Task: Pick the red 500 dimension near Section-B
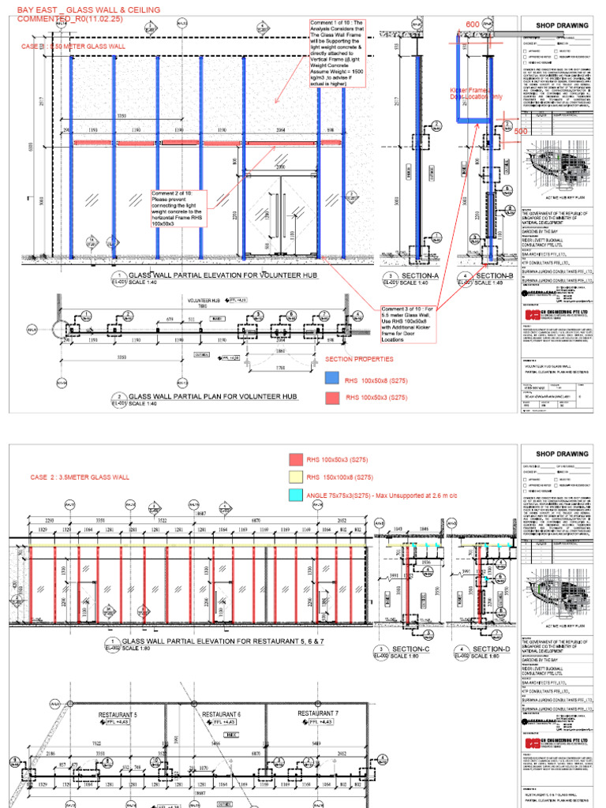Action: tap(520, 131)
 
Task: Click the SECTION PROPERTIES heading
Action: tap(359, 359)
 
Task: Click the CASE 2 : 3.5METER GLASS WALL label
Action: tap(79, 477)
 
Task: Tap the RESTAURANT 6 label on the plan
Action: tap(222, 715)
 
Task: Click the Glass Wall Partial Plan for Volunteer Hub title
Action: tap(212, 397)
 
